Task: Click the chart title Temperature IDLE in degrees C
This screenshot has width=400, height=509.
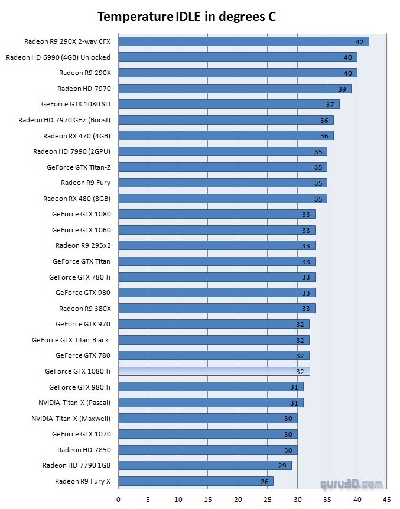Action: coord(187,17)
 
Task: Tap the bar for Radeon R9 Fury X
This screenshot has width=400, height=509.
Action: coord(196,481)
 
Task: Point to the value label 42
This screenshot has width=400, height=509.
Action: coord(360,42)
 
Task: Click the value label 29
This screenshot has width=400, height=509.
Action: coord(282,466)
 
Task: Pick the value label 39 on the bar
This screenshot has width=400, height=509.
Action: coord(342,89)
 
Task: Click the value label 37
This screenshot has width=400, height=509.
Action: coord(330,105)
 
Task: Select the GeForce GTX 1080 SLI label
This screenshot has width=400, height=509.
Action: coord(76,104)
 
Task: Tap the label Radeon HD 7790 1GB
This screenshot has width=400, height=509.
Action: coord(76,465)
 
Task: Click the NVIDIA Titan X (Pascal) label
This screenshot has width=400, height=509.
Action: coord(74,403)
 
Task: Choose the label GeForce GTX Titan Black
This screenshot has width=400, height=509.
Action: coord(71,340)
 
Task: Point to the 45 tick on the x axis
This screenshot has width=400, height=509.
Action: coord(386,500)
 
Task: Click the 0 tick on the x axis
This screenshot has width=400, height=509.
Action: coord(119,500)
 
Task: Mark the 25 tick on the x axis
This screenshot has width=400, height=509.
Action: coord(268,500)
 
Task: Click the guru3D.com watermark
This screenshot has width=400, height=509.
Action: coord(351,484)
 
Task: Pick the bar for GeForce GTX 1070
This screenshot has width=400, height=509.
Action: coord(207,434)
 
